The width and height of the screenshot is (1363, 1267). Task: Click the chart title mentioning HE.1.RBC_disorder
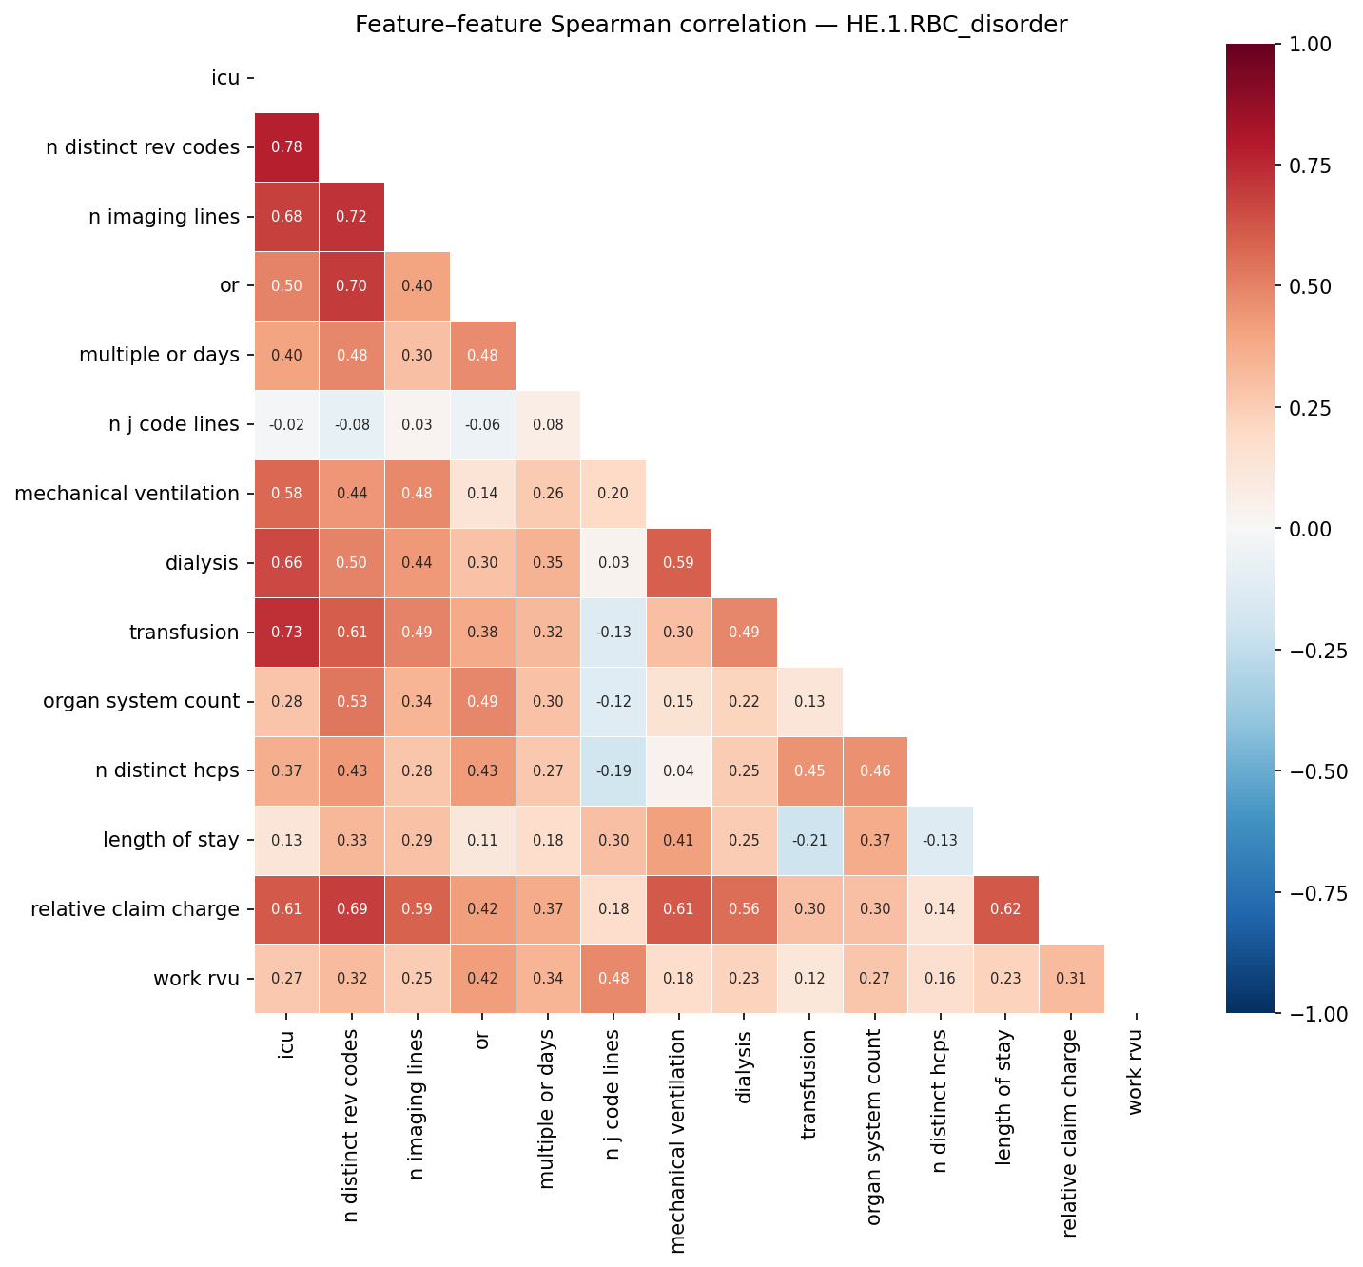click(x=711, y=25)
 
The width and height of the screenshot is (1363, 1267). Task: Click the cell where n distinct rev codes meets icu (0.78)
click(x=286, y=147)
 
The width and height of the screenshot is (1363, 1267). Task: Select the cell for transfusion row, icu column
click(x=286, y=633)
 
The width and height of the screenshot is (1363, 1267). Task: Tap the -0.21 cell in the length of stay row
click(x=809, y=841)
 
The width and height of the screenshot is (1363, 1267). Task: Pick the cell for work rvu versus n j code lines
click(x=613, y=979)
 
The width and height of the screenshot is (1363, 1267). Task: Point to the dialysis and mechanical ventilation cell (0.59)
click(x=678, y=563)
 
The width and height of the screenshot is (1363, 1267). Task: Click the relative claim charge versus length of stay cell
click(x=1005, y=909)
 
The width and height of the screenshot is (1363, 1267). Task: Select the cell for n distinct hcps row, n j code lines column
click(x=613, y=771)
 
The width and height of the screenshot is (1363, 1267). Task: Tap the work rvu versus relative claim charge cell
click(x=1071, y=979)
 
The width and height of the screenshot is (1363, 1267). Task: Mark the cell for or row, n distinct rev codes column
click(x=352, y=286)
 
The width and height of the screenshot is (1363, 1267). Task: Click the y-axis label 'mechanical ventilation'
click(x=127, y=494)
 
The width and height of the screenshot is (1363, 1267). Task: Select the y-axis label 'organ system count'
click(x=141, y=702)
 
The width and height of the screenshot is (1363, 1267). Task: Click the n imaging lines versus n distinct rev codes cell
click(x=352, y=217)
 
